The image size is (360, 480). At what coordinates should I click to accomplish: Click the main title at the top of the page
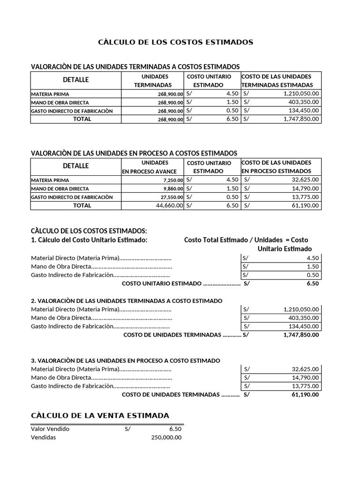(175, 42)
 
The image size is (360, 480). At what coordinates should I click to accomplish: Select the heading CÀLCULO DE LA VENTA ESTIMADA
(100, 416)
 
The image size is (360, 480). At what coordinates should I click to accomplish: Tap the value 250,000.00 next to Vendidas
(166, 437)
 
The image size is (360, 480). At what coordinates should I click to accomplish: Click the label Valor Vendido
(50, 428)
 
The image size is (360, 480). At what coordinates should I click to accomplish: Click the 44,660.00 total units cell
(166, 205)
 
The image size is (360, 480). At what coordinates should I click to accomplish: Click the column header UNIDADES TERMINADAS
(152, 81)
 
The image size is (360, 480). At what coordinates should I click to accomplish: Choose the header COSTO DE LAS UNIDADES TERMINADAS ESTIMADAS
(277, 81)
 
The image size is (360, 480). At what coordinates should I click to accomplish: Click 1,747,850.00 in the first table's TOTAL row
(301, 119)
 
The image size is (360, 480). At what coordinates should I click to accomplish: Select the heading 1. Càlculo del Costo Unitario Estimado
(89, 240)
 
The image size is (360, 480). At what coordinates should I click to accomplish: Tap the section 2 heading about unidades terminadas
(127, 300)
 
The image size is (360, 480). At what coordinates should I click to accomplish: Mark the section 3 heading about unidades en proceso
(125, 360)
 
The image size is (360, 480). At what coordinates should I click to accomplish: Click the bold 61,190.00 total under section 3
(305, 395)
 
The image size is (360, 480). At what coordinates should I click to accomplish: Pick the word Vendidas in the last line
(43, 437)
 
